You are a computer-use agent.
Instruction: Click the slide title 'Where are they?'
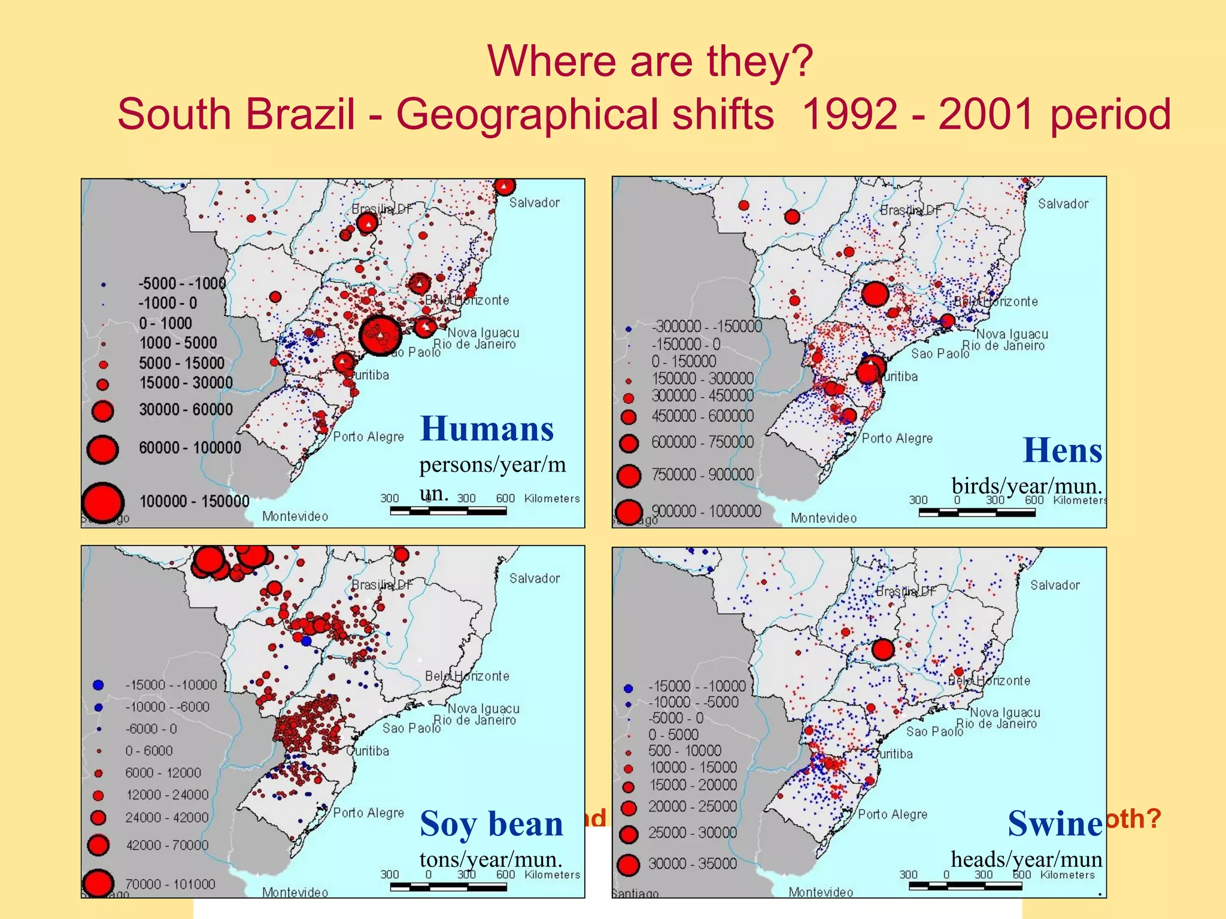tap(650, 61)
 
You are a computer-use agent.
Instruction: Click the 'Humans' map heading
tap(487, 429)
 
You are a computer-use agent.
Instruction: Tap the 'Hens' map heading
tap(1062, 451)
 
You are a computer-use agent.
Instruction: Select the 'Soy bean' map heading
tap(491, 824)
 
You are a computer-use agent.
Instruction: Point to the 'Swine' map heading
tap(1055, 824)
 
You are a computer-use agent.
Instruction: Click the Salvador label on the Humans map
tap(534, 203)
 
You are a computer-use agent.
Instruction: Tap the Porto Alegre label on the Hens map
tap(897, 439)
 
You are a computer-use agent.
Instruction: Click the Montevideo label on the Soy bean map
tap(295, 892)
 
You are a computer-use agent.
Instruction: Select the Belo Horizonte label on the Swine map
tap(989, 681)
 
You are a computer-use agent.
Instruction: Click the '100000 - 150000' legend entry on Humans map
tap(194, 501)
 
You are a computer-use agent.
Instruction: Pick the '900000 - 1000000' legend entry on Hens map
tap(706, 512)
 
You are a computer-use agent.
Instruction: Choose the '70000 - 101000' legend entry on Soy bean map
tap(170, 884)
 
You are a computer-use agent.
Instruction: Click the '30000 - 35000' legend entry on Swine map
tap(693, 864)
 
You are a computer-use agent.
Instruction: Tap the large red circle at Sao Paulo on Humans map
tap(380, 336)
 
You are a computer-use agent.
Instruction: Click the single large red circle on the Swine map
tap(883, 649)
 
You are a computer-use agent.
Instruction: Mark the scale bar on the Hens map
tap(977, 512)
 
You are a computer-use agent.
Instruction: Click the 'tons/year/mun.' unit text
tap(491, 859)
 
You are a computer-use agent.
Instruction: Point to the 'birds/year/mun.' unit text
tap(1027, 486)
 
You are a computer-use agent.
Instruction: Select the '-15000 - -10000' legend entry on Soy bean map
tap(171, 685)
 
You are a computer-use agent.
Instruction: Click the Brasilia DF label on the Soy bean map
tap(381, 585)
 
